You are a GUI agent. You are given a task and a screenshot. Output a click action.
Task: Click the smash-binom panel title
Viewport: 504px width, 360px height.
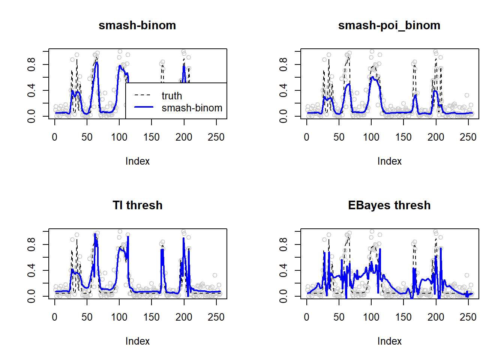[137, 25]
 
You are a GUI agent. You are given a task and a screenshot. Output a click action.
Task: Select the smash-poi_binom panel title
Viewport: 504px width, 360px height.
[389, 25]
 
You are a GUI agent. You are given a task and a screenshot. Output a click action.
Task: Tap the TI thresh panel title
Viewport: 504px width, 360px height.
[137, 205]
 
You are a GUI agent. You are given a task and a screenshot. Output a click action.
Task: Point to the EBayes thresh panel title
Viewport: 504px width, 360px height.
[389, 205]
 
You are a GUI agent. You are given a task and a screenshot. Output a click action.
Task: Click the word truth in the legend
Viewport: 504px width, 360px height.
[172, 96]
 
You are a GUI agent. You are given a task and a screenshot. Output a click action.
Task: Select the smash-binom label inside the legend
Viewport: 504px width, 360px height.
[192, 108]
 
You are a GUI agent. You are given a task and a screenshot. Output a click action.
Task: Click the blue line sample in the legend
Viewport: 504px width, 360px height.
[144, 107]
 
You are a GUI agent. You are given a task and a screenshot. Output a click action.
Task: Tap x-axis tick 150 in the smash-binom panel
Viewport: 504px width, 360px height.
[151, 137]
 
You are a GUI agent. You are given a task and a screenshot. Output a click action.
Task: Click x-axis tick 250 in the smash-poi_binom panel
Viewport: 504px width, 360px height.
[468, 137]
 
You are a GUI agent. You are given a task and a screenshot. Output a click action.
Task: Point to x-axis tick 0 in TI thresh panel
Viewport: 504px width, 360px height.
[55, 317]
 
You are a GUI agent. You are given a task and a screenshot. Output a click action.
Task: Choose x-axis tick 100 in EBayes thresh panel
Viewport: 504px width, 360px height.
[371, 317]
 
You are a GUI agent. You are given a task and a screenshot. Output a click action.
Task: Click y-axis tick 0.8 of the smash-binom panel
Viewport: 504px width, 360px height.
[31, 64]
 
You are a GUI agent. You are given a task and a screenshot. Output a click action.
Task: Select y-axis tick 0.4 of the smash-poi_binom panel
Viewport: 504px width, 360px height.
[283, 90]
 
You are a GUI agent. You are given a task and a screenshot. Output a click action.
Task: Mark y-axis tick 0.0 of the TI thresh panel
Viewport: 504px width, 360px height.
[31, 296]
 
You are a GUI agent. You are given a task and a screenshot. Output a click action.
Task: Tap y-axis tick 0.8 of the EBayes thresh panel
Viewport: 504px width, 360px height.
[283, 244]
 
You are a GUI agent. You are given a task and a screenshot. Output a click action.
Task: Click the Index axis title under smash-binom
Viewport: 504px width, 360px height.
[137, 161]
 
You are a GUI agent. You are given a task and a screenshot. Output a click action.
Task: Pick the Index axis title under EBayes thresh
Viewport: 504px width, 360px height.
[389, 341]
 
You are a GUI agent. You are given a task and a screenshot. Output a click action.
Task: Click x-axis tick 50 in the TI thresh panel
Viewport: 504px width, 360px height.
[87, 317]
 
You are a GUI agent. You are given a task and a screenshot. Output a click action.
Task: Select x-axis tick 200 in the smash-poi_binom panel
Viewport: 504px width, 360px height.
[436, 137]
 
